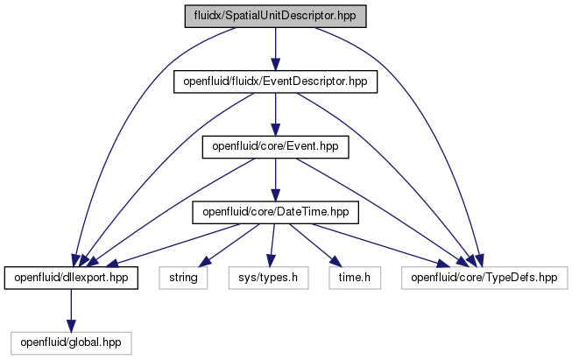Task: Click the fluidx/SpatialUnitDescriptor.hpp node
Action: [x=275, y=16]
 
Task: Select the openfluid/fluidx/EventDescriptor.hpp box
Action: [x=275, y=81]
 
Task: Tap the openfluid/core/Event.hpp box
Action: [x=275, y=146]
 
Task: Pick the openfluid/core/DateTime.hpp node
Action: [x=275, y=212]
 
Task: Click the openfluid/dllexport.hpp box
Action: [x=71, y=278]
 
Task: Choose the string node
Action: [x=183, y=278]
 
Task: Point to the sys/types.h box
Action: [x=269, y=278]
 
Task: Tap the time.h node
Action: [x=355, y=278]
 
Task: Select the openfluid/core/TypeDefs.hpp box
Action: [x=484, y=278]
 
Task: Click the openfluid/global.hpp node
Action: [x=71, y=342]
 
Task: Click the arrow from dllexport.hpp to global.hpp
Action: [x=71, y=310]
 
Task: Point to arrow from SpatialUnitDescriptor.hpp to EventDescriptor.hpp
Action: [x=275, y=49]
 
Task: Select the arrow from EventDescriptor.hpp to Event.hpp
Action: [x=275, y=114]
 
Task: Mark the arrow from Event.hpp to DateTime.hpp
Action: [x=275, y=180]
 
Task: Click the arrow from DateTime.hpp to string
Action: [x=230, y=245]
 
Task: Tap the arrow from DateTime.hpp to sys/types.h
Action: [x=272, y=245]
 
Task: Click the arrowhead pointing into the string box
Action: [x=204, y=262]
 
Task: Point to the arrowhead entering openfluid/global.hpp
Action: [x=71, y=326]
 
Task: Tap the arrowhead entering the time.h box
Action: [x=336, y=262]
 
